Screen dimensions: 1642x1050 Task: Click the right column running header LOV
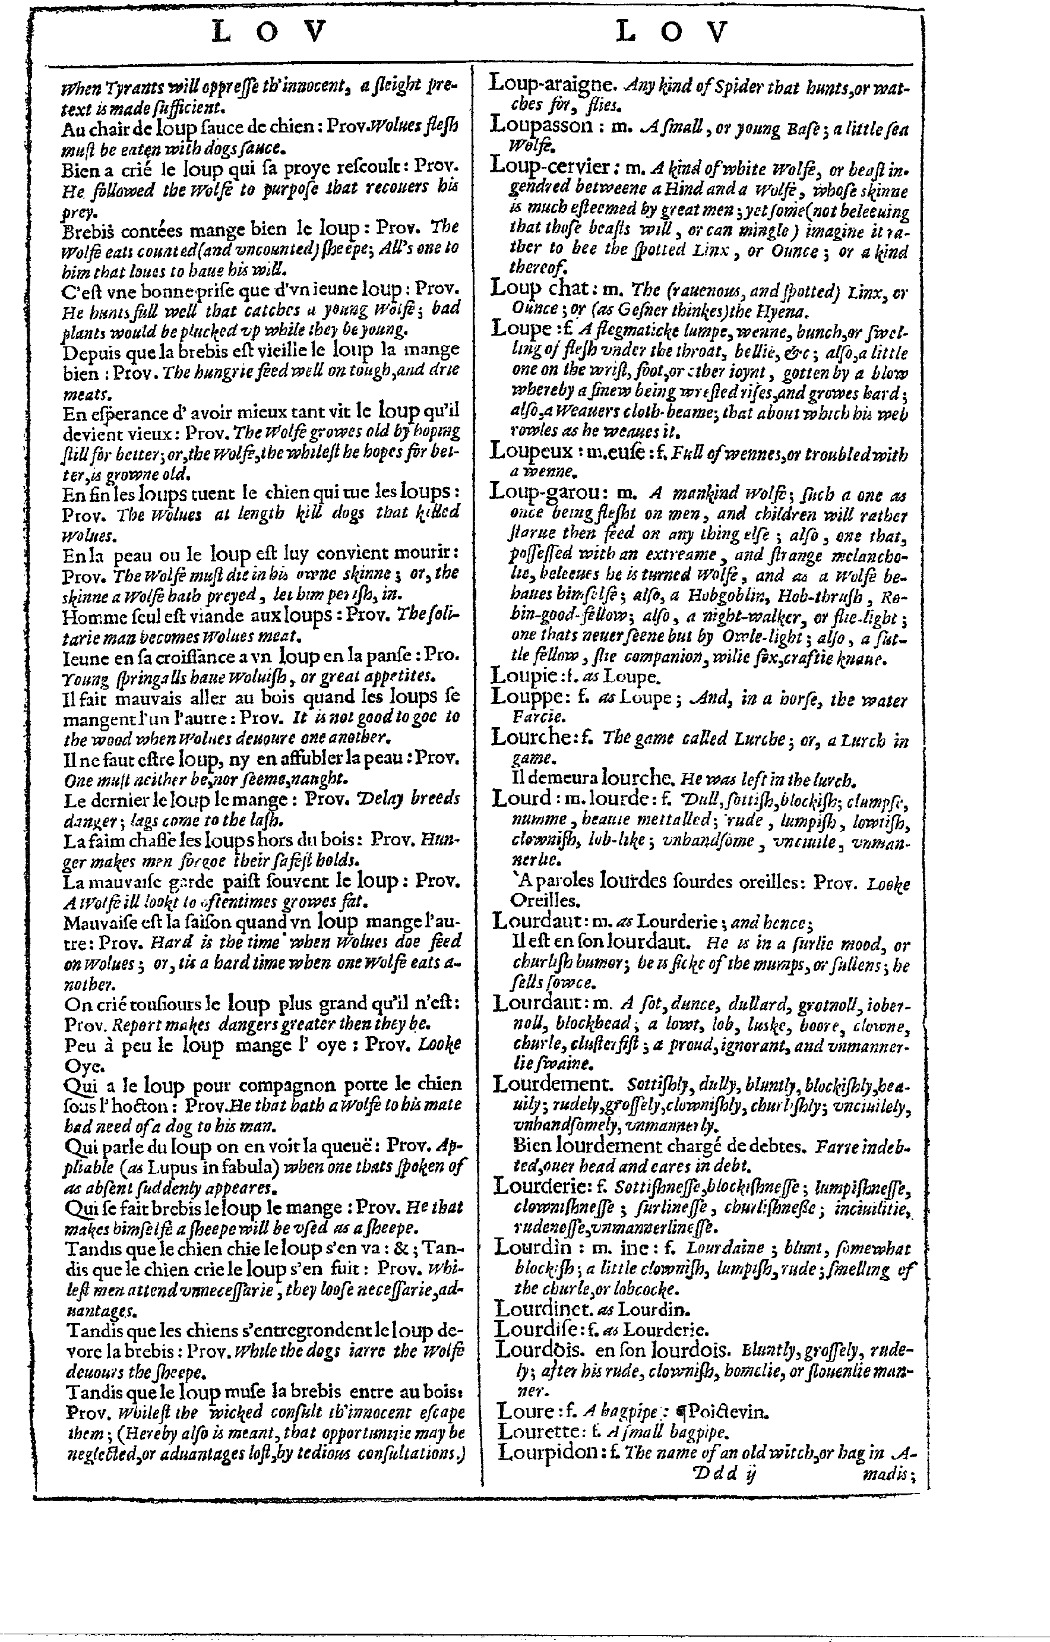672,32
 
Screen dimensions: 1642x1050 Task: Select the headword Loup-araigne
552,84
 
